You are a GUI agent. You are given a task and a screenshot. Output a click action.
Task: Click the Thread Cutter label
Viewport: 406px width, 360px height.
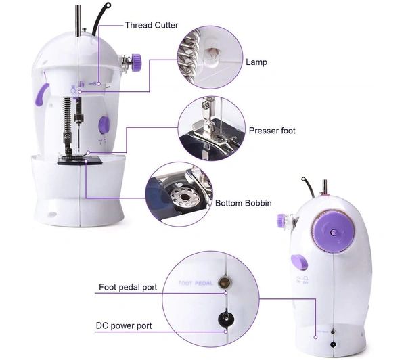click(152, 25)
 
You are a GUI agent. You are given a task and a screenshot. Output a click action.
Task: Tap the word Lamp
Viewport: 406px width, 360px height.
click(256, 62)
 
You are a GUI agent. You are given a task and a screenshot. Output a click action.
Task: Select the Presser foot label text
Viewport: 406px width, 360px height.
click(272, 131)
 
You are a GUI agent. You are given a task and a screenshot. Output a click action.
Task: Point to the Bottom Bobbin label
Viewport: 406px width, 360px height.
click(244, 203)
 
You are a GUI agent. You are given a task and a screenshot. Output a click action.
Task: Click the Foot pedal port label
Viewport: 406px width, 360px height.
click(128, 287)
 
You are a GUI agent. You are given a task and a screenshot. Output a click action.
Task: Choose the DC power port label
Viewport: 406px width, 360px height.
click(124, 325)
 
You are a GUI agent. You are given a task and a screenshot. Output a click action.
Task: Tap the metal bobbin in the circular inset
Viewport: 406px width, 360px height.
click(185, 197)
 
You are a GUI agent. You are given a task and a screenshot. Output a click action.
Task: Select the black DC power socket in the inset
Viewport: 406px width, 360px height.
click(226, 318)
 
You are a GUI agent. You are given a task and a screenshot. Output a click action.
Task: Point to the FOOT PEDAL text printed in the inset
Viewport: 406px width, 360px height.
click(196, 283)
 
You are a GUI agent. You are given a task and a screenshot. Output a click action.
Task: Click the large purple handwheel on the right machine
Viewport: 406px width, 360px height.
click(333, 231)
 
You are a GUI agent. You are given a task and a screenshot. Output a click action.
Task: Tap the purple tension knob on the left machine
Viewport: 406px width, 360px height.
click(136, 62)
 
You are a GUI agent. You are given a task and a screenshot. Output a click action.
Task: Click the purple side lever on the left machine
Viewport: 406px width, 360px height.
click(41, 94)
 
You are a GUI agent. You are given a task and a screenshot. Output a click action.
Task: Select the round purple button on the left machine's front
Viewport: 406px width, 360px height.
click(104, 125)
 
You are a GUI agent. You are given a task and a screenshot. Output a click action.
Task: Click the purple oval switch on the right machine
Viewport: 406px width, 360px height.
click(299, 262)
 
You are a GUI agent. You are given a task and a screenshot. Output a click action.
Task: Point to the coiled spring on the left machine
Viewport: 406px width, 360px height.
click(67, 114)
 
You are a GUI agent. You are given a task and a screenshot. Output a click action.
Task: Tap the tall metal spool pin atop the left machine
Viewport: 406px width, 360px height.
click(78, 20)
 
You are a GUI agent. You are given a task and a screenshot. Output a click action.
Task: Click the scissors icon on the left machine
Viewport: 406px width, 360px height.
click(92, 84)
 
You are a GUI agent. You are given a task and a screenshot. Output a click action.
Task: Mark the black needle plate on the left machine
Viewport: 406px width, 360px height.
click(80, 160)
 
